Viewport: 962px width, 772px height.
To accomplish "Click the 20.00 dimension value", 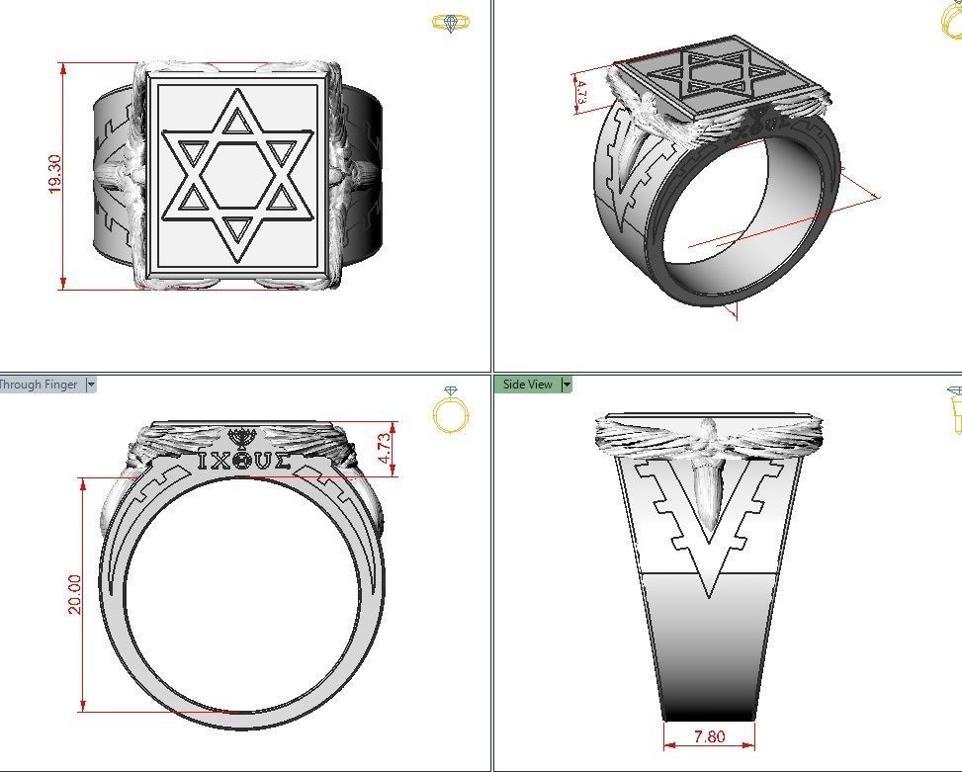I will (74, 594).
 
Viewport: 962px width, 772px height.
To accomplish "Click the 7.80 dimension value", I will (709, 736).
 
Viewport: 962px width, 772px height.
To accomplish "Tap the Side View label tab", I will (528, 385).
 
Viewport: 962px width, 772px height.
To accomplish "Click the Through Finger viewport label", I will (40, 385).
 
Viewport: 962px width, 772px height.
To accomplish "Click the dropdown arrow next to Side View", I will (567, 385).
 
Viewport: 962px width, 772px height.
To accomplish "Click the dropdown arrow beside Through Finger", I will (91, 385).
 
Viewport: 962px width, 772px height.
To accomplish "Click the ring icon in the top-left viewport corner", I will (451, 23).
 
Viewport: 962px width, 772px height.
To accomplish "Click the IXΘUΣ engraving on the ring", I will (243, 461).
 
